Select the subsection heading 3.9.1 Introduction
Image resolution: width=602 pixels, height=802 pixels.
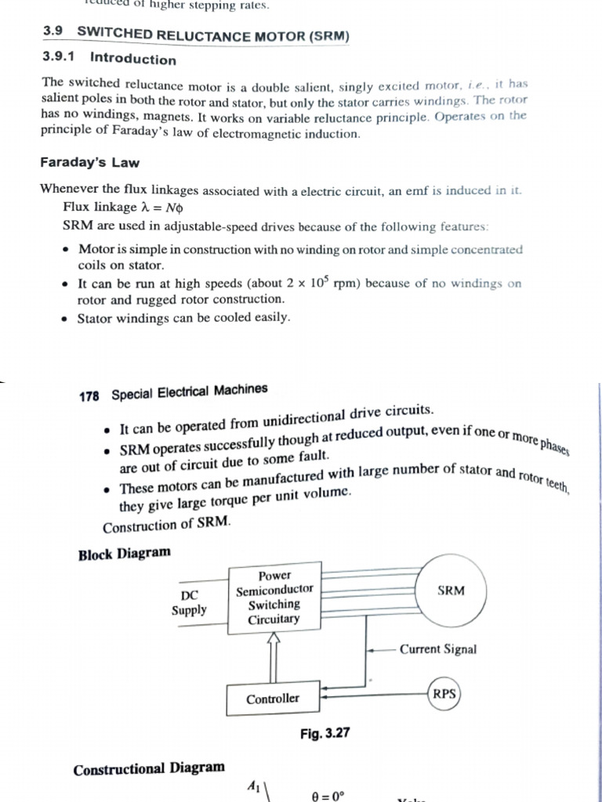(x=109, y=59)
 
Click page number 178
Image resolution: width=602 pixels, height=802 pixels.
(x=90, y=396)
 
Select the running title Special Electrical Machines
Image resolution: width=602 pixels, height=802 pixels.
(x=189, y=392)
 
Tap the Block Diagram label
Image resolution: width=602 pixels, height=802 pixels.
(x=124, y=554)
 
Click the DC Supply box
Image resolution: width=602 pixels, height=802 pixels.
(x=190, y=602)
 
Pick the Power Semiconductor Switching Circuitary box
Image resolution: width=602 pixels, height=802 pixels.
(x=274, y=597)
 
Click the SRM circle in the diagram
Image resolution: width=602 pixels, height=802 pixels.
(x=451, y=591)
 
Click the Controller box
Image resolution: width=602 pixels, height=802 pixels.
(x=273, y=699)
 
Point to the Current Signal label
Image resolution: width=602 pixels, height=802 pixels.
(x=437, y=649)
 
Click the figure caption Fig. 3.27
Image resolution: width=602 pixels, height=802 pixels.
(x=324, y=733)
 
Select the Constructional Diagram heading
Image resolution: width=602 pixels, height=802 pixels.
(x=149, y=768)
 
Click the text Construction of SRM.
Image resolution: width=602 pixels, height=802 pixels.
(x=167, y=525)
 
